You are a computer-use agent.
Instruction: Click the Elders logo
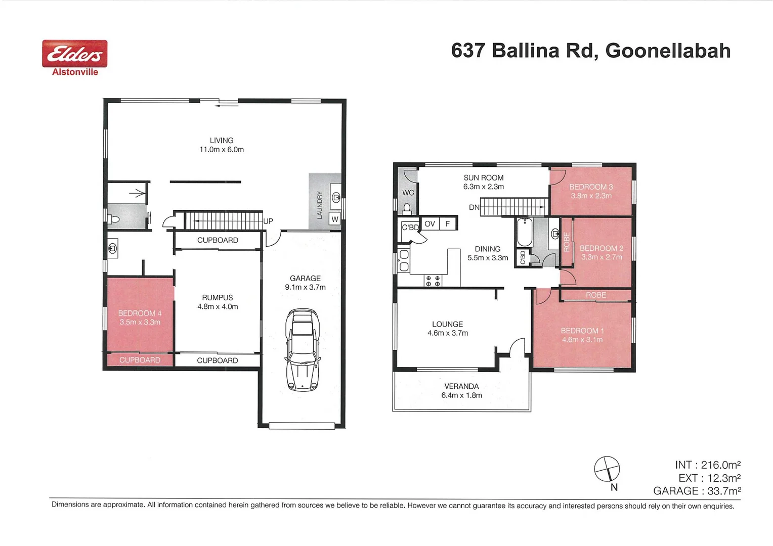click(74, 54)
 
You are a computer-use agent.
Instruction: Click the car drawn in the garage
click(303, 350)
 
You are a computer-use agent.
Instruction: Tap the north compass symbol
click(607, 469)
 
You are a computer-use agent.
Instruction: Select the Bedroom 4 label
click(140, 313)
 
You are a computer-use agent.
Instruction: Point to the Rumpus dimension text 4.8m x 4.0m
click(218, 306)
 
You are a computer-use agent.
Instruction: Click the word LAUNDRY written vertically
click(319, 205)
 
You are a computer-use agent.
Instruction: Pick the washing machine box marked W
click(334, 219)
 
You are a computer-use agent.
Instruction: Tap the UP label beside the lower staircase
click(268, 221)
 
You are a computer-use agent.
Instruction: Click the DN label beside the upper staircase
click(474, 207)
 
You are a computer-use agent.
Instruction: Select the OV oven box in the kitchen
click(430, 223)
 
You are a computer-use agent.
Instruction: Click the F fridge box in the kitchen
click(448, 223)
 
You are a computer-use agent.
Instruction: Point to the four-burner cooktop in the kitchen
click(433, 281)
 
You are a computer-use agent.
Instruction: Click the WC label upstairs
click(408, 193)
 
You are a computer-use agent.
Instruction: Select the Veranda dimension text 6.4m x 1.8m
click(461, 395)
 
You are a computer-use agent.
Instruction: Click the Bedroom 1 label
click(582, 331)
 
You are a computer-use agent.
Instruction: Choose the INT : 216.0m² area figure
click(707, 465)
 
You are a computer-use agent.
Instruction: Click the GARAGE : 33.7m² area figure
click(697, 491)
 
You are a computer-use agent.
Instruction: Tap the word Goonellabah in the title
click(668, 51)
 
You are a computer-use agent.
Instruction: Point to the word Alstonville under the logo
click(75, 72)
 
